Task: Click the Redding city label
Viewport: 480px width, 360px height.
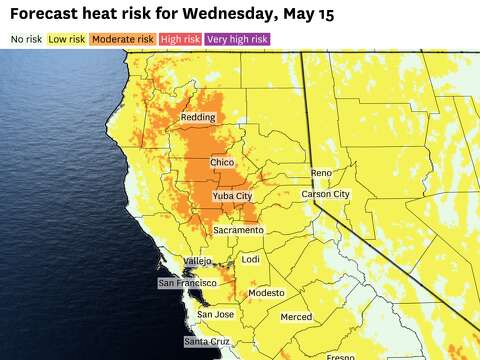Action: click(197, 118)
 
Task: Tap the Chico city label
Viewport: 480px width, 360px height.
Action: click(222, 162)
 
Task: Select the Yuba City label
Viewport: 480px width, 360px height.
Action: click(232, 197)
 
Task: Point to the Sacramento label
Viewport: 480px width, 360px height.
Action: click(238, 230)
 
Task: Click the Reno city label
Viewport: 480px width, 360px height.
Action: click(320, 173)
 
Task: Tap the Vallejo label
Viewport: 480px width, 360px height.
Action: click(196, 261)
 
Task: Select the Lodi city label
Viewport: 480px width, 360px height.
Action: click(251, 259)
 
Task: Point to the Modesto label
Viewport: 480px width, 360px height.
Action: click(266, 293)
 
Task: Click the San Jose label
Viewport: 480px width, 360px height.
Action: click(215, 315)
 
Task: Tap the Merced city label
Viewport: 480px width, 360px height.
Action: click(296, 317)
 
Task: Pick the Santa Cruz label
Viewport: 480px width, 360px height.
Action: click(207, 342)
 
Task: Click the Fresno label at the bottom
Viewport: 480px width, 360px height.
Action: click(340, 356)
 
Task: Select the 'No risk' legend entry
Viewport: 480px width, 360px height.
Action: click(26, 39)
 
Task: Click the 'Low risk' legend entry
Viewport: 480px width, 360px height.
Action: click(67, 39)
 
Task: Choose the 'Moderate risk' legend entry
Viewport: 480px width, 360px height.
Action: click(123, 39)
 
